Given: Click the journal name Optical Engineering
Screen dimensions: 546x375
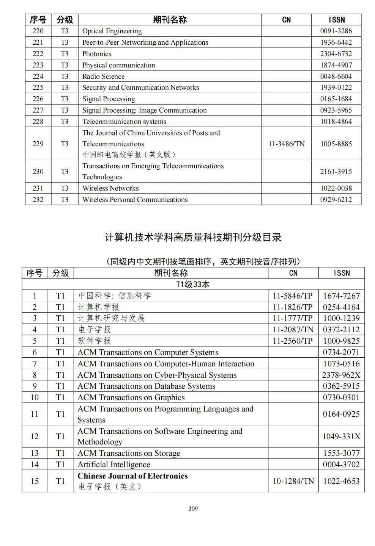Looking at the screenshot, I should coord(112,31).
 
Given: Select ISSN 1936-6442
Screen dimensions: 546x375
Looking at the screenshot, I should coord(336,42).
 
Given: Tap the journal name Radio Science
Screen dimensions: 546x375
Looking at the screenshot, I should coord(103,77).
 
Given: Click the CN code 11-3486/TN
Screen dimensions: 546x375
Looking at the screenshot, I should coord(286,144).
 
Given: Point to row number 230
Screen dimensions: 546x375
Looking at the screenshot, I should coord(38,172).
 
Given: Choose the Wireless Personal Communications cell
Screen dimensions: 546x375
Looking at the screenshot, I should coord(135,200).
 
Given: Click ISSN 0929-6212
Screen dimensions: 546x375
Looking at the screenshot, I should coord(336,200).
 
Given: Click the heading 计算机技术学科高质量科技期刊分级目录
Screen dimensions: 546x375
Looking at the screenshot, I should coord(193,238).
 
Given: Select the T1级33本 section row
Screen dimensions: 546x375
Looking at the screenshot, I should coord(193,284).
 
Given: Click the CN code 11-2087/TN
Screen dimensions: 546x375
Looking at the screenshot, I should coord(293,330).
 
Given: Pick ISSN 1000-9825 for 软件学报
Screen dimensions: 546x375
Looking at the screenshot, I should coord(341,341).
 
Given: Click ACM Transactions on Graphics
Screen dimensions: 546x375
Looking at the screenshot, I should coord(131,397).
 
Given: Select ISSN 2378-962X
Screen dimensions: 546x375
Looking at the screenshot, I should coord(341,375).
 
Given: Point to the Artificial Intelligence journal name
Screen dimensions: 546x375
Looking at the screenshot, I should coord(114,465).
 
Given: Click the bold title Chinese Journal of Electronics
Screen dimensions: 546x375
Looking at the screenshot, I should coord(132,476).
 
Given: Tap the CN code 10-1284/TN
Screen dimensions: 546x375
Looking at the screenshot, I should coord(293,481).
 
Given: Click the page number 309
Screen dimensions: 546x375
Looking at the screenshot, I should coord(193,508).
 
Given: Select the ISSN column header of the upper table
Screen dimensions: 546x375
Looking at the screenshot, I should coord(336,20).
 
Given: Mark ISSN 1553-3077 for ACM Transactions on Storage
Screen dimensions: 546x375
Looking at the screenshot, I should coord(341,453).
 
